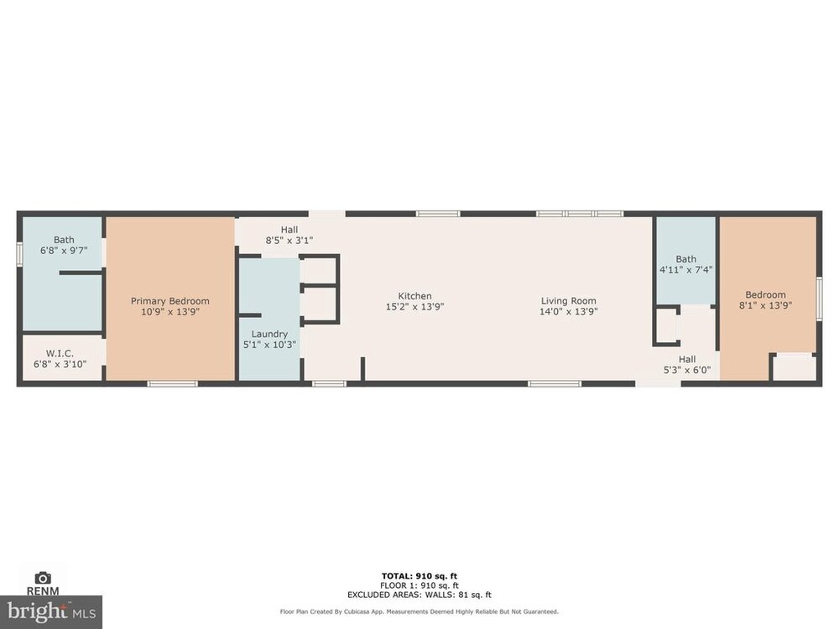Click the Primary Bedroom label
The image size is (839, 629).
(x=170, y=301)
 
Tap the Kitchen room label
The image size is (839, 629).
(x=414, y=296)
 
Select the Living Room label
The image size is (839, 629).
(x=568, y=301)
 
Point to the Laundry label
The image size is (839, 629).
(x=269, y=335)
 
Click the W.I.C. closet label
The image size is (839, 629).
(x=60, y=354)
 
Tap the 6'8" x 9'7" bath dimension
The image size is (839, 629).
(x=64, y=250)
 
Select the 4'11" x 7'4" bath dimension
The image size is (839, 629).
(x=686, y=269)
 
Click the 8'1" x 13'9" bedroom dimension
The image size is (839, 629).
(x=766, y=305)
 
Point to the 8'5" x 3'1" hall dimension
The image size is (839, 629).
(x=289, y=241)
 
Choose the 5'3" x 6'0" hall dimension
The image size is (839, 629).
(x=687, y=370)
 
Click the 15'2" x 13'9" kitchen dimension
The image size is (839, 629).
(x=414, y=306)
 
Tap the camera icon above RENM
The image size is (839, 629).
(x=43, y=578)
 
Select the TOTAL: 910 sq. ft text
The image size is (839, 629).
(x=419, y=576)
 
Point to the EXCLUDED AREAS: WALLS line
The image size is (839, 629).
(x=419, y=595)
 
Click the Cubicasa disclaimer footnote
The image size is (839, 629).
(x=419, y=611)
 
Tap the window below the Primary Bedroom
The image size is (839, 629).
(x=172, y=383)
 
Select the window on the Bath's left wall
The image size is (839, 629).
(x=19, y=253)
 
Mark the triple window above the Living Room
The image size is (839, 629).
(x=580, y=214)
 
